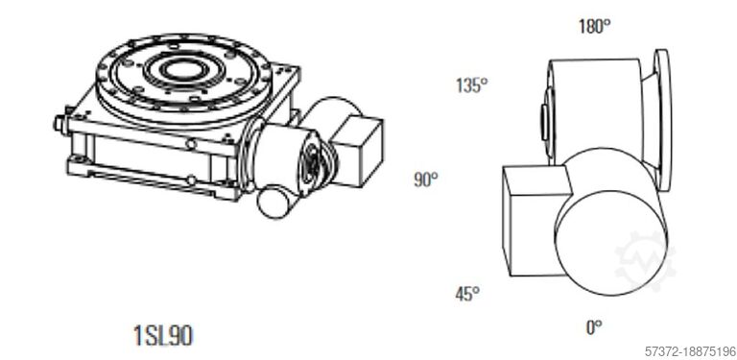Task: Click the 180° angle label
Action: (594, 26)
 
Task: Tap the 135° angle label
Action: (471, 84)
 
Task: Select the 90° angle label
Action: (425, 179)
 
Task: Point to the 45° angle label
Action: (467, 294)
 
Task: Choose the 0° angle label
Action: (594, 327)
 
